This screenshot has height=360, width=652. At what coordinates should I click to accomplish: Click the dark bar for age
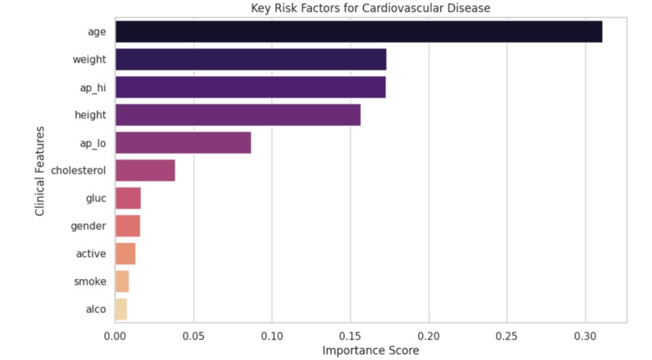tap(358, 32)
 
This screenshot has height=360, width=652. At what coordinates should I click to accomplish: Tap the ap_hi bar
tap(250, 87)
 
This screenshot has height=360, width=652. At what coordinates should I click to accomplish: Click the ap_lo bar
tap(183, 143)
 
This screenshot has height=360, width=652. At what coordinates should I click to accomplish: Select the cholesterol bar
tap(145, 171)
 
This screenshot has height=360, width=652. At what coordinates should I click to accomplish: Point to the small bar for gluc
tap(128, 198)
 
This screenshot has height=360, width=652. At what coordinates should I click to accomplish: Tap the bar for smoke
tap(122, 282)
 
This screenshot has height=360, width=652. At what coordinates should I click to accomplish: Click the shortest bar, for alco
tap(121, 309)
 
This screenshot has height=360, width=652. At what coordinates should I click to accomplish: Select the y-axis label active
tap(91, 254)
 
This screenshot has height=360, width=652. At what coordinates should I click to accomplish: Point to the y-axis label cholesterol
tap(78, 171)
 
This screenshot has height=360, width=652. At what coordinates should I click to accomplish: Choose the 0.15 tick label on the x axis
tap(350, 335)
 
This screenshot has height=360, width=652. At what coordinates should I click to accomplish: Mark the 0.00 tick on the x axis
tap(115, 335)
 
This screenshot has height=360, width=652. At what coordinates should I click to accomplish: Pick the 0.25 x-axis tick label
tap(506, 335)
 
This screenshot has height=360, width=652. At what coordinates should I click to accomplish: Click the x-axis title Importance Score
tap(370, 350)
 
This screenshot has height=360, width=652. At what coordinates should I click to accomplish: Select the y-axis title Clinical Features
tap(40, 171)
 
